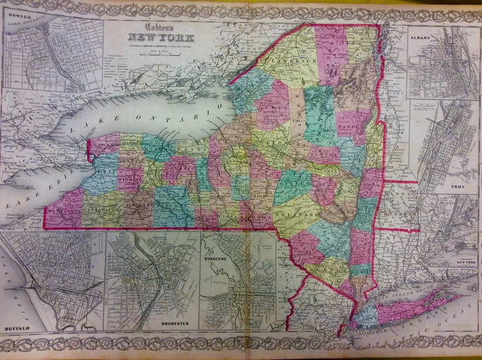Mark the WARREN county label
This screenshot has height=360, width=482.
[x=350, y=125]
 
